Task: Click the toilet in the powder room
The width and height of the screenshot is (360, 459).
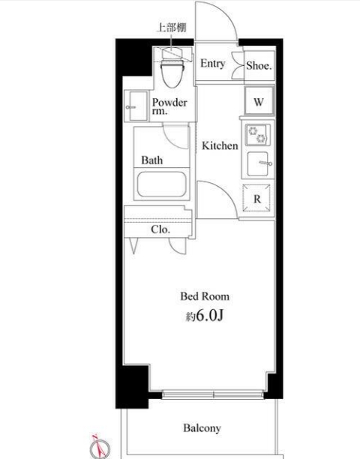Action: click(172, 73)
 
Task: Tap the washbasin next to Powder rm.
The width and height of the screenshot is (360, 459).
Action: click(136, 106)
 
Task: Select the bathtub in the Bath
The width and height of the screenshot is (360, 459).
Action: click(161, 184)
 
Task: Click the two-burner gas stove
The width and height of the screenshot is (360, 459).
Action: click(257, 134)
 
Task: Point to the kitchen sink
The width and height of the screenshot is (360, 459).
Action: click(259, 163)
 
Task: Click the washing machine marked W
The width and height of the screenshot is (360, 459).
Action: click(259, 101)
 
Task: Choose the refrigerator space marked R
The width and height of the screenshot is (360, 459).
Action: click(256, 198)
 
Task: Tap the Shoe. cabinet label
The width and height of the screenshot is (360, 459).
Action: click(259, 65)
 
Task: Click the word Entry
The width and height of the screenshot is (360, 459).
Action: click(213, 64)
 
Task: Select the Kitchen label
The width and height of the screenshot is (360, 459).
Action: click(220, 145)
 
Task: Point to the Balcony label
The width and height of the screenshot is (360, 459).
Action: click(202, 428)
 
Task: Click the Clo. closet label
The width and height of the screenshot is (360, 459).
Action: click(160, 229)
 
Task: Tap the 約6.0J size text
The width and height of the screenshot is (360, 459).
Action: click(205, 316)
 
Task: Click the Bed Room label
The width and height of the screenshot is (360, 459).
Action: click(205, 296)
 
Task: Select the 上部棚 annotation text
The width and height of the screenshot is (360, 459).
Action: click(172, 28)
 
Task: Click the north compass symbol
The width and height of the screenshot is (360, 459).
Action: click(100, 447)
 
